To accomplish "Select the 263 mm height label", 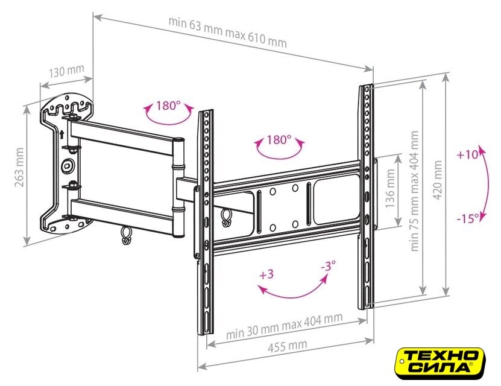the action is (19, 168).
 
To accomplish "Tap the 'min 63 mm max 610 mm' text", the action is (227, 33).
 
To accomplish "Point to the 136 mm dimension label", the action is (390, 189).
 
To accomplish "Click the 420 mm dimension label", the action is (438, 180).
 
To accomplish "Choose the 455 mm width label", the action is (287, 346).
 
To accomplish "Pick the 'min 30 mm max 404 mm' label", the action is (284, 326).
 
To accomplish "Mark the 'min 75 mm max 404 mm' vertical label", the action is (414, 191).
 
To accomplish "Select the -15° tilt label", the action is (468, 219).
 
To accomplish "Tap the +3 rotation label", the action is (266, 274).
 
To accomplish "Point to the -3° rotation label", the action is (329, 265).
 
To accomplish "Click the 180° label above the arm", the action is (168, 106).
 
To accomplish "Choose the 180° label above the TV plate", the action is (279, 140).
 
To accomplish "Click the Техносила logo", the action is (441, 364).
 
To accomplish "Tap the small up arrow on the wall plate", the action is (61, 134).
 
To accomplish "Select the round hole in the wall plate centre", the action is (67, 165).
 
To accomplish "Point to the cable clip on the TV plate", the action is (226, 218).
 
